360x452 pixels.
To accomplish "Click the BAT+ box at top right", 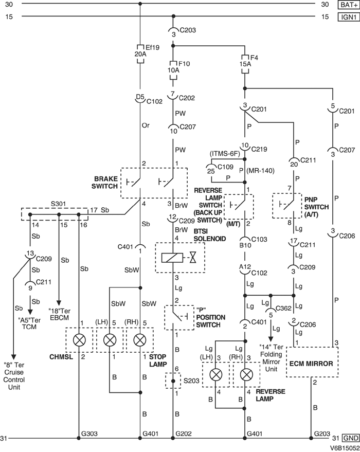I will pyautogui.click(x=347, y=5).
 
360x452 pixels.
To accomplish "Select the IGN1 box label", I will pyautogui.click(x=347, y=17).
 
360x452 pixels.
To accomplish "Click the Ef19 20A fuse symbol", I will pyautogui.click(x=140, y=53).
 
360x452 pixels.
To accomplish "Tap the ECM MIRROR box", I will pyautogui.click(x=312, y=363).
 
